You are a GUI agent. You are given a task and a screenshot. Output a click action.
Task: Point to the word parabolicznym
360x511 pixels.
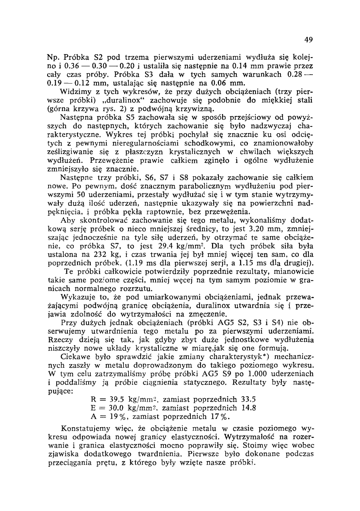point(208,187)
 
